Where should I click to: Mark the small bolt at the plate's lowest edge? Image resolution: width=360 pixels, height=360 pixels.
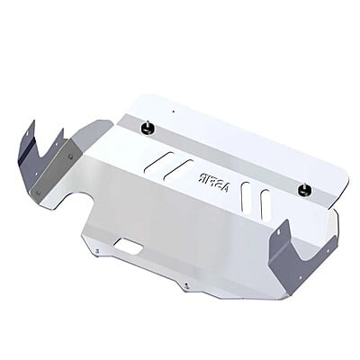[185, 287]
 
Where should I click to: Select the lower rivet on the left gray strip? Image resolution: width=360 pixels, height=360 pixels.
[38, 192]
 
